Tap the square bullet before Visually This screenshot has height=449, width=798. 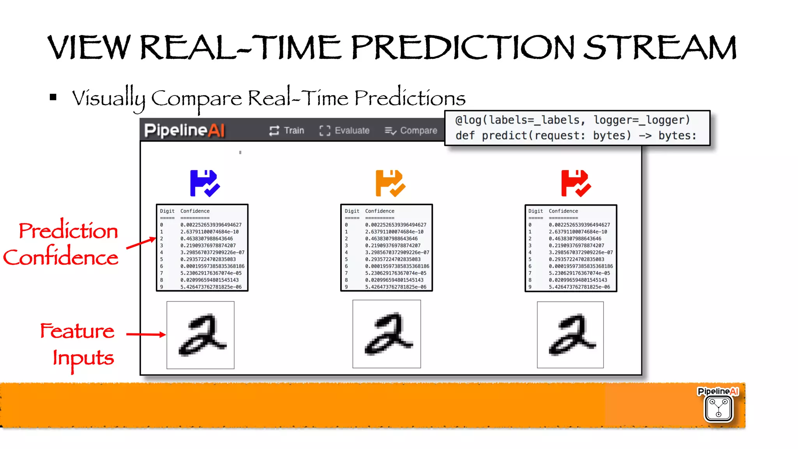53,97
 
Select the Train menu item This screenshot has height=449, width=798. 286,130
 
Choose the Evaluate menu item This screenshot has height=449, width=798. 344,130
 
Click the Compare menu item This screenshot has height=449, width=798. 411,130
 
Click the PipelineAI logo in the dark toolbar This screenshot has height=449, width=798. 184,130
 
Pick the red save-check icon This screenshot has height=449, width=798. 576,183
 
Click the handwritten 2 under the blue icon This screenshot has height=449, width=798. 201,335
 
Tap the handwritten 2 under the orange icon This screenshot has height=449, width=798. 387,334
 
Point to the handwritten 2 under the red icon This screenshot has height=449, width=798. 570,335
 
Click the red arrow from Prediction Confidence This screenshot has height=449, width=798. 141,243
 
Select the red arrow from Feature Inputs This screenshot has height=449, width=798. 146,334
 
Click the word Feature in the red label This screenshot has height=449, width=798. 77,331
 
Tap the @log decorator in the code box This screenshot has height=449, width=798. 468,120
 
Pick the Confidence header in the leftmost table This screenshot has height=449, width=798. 195,211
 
